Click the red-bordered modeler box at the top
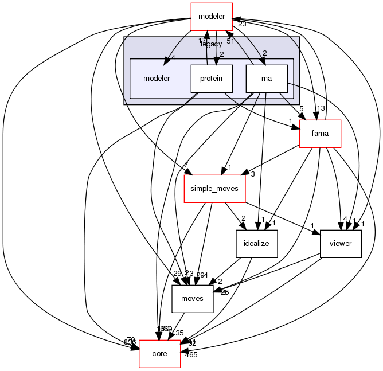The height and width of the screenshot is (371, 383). click(x=212, y=15)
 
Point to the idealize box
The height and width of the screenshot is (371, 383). click(x=257, y=244)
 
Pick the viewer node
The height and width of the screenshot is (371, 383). click(x=341, y=244)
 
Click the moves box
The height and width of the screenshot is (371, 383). click(x=193, y=299)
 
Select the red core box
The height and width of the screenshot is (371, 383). click(x=159, y=354)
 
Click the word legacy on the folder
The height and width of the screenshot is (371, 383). click(x=211, y=44)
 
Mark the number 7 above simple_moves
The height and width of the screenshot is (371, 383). click(x=185, y=165)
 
